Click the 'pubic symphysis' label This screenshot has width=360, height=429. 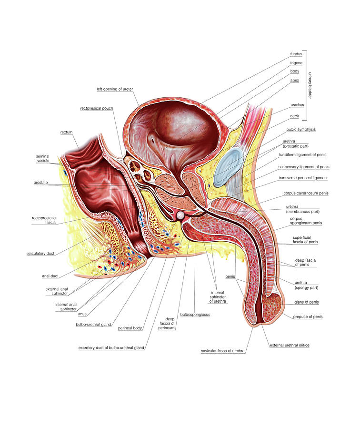coord(301,129)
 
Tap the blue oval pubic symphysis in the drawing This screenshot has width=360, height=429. coord(229,167)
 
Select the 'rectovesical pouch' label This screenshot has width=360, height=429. coord(97,108)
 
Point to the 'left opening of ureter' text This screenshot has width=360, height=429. coord(115,89)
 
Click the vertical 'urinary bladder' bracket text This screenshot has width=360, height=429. coord(310,85)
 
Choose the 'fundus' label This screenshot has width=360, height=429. coord(296,54)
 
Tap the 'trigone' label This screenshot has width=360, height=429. coord(296,63)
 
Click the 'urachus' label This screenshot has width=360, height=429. coord(297,105)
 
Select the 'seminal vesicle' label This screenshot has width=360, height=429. coord(43,158)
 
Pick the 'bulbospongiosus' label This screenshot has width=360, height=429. coord(195,315)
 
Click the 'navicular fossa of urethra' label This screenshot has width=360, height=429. coord(222,351)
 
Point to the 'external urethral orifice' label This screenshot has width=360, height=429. coord(290,345)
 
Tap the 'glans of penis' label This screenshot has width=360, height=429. coord(306,302)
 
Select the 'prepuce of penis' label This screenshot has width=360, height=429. coord(308,317)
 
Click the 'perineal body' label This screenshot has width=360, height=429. coord(130,328)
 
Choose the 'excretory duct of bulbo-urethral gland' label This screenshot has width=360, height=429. coord(111,348)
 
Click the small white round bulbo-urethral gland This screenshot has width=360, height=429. coord(180,215)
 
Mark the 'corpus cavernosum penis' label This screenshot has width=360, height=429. coord(306,193)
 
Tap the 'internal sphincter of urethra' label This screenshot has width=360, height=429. coord(218,297)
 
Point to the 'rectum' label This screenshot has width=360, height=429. coord(66,132)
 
